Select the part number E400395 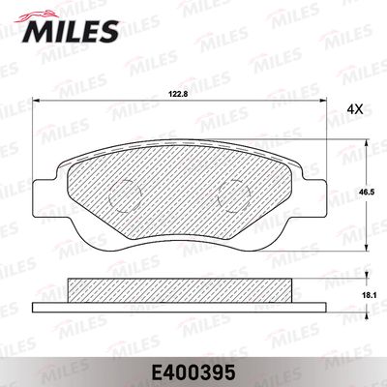[193, 370]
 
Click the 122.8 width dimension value [175, 94]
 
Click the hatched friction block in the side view [179, 289]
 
